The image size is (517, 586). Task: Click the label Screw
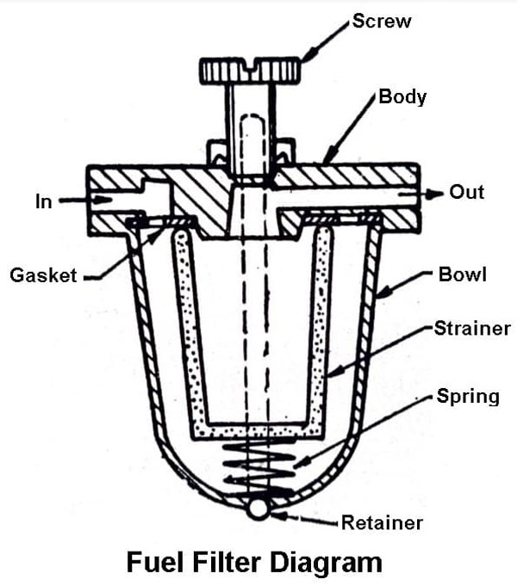(382, 22)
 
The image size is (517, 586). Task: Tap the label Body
(402, 97)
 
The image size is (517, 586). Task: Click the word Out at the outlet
(468, 192)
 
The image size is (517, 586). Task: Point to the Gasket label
(44, 276)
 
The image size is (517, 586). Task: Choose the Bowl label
(463, 275)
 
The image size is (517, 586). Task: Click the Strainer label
(472, 329)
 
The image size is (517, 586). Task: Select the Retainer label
(382, 522)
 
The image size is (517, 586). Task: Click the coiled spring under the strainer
(258, 468)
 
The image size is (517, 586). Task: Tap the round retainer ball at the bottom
(258, 508)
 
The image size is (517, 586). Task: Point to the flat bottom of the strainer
(258, 430)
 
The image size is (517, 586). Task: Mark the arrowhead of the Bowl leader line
(380, 298)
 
